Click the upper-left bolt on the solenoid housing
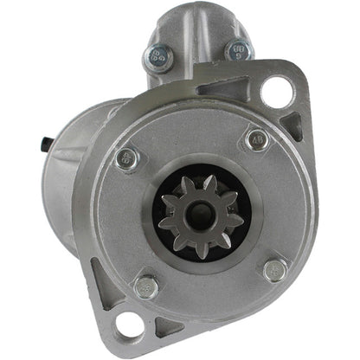[x=157, y=57]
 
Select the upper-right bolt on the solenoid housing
[x=238, y=51]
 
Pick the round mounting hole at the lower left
[x=130, y=325]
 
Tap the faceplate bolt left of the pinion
[x=128, y=157]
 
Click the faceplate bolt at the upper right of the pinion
[x=256, y=138]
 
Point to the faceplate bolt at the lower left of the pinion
[x=146, y=286]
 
